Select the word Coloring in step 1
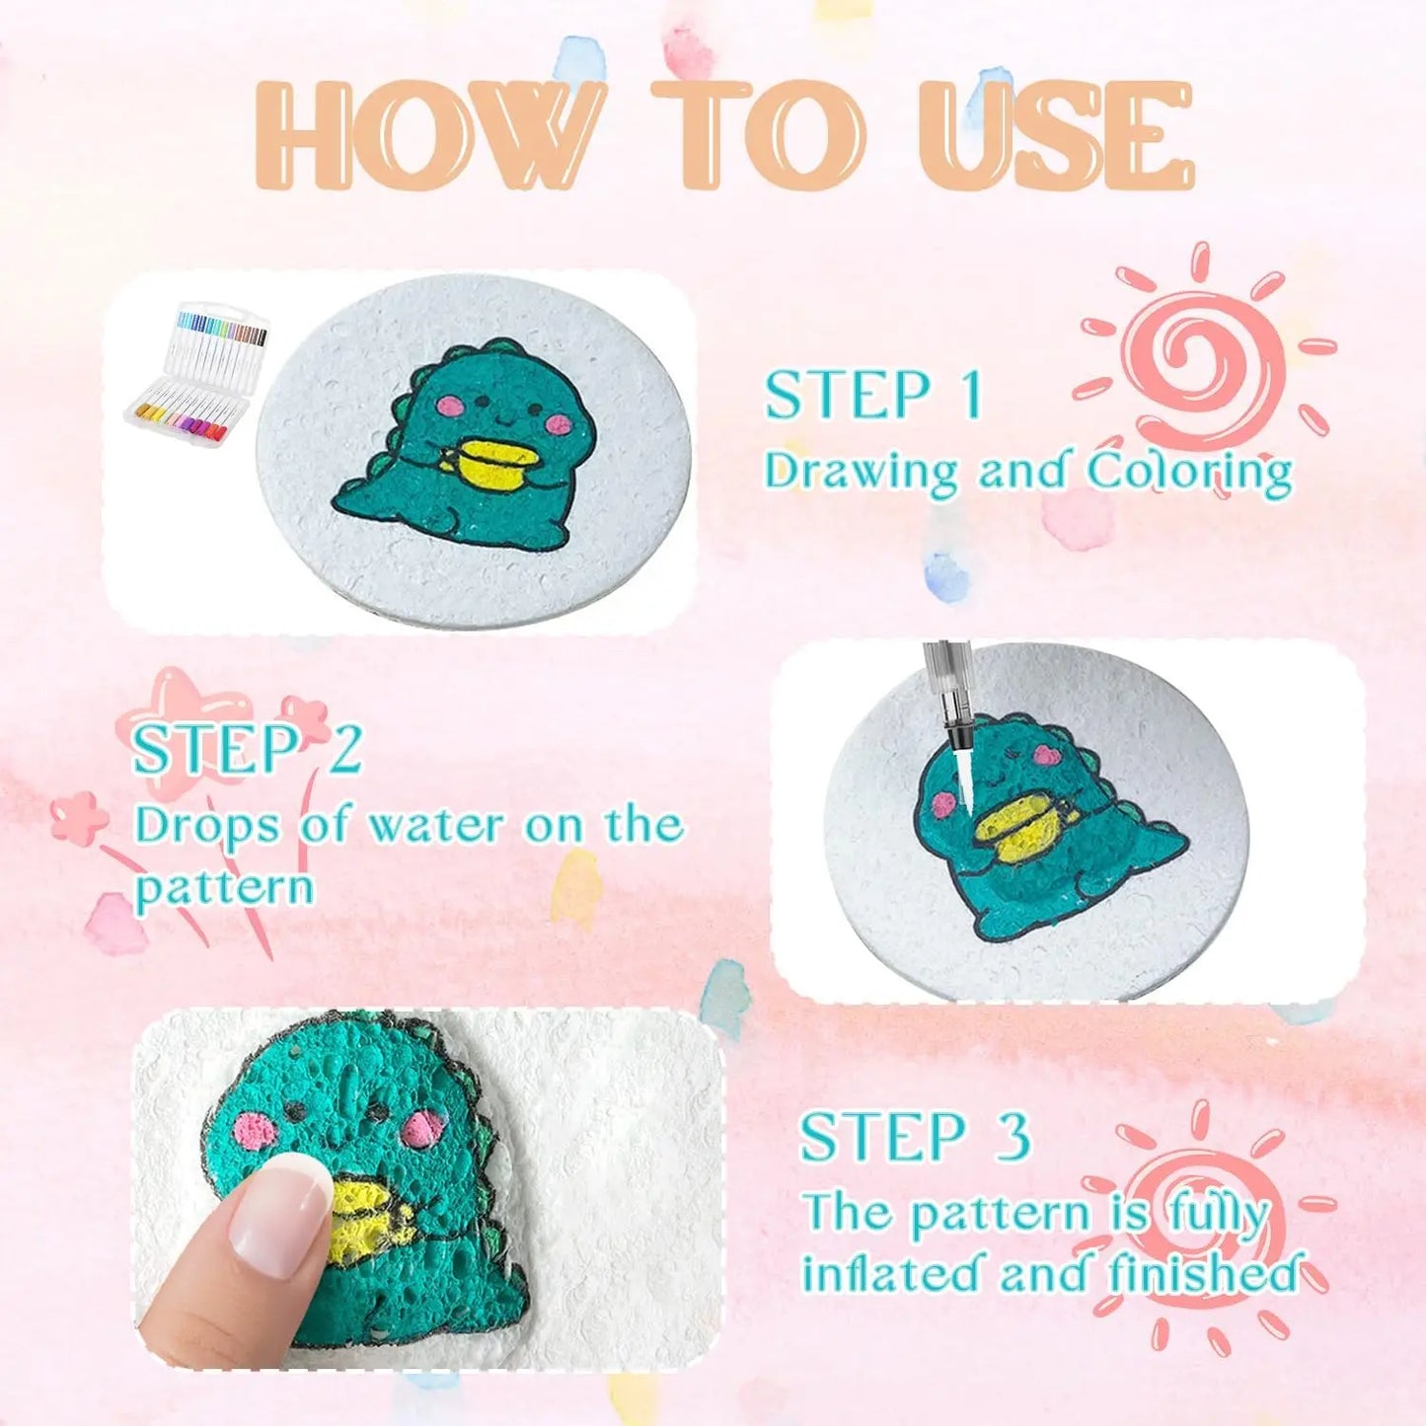coord(1189,472)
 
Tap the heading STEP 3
coord(914,1137)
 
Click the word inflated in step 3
coord(893,1273)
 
